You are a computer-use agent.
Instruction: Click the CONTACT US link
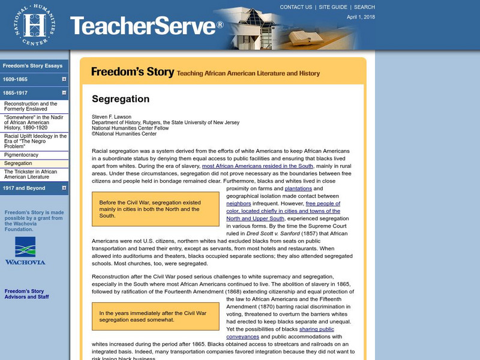(x=296, y=7)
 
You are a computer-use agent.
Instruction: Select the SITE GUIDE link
(x=333, y=7)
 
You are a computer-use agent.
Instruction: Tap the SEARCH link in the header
(x=364, y=7)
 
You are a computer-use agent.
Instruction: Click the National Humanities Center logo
(x=34, y=25)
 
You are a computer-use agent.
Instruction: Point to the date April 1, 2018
(x=360, y=17)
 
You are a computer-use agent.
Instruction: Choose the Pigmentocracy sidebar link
(x=21, y=155)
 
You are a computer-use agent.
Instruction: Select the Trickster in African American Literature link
(x=31, y=175)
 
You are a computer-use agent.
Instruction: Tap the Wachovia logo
(x=25, y=251)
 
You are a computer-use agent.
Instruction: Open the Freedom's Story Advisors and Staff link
(x=27, y=294)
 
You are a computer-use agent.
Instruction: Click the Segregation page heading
(x=121, y=99)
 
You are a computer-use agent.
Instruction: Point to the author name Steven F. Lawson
(x=112, y=116)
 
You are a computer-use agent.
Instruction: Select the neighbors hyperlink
(x=238, y=203)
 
